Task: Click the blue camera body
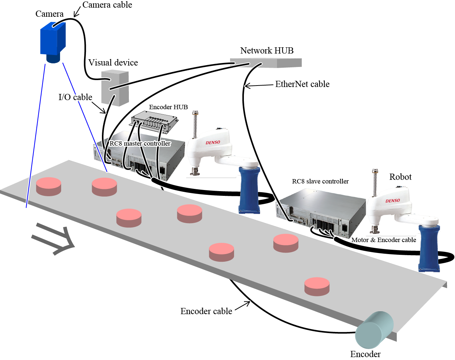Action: click(x=52, y=38)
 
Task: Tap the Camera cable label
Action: click(x=107, y=5)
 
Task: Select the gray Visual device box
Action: click(x=115, y=88)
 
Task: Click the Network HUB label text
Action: click(x=267, y=51)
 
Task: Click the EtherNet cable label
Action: click(x=302, y=84)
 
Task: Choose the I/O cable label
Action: click(x=75, y=97)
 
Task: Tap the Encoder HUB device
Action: click(x=154, y=122)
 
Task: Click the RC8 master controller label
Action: click(x=140, y=143)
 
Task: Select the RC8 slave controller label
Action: click(x=320, y=181)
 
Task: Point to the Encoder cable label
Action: click(x=206, y=311)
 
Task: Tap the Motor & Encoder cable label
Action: click(x=384, y=240)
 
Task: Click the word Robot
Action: click(x=400, y=177)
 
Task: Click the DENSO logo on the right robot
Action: click(x=393, y=201)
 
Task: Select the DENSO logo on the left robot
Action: click(x=213, y=142)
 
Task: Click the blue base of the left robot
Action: click(x=249, y=189)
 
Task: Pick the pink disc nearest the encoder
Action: click(x=317, y=286)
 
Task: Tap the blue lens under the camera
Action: click(x=53, y=59)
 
